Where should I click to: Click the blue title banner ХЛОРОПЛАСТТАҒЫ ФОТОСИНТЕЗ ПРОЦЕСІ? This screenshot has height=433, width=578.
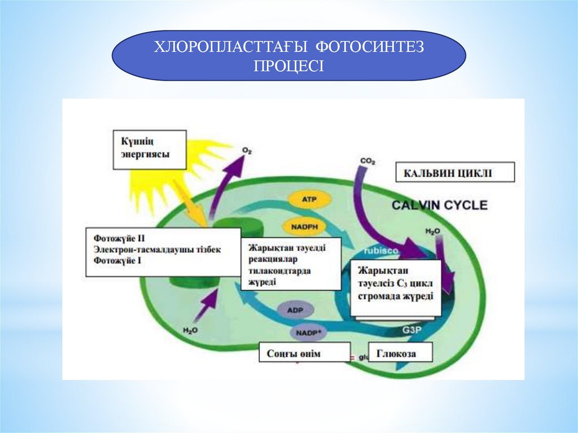[x=288, y=55]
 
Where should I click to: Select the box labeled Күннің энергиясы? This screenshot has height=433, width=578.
[x=151, y=150]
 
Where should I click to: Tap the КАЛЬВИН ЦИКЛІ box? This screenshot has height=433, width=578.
[x=455, y=173]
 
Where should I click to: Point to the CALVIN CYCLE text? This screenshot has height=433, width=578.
[x=440, y=204]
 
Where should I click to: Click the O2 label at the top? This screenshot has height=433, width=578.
[x=246, y=151]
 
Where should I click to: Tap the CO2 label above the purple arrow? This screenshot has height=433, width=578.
[x=367, y=162]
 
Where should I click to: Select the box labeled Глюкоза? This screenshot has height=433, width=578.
[x=400, y=353]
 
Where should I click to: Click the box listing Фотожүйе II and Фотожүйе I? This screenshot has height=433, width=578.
[x=164, y=252]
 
